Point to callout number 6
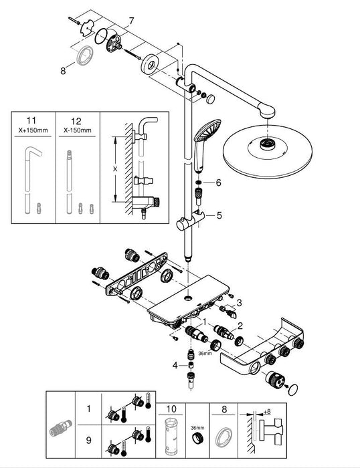[x=217, y=183]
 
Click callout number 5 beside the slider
[x=217, y=215]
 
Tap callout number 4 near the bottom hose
[x=175, y=365]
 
